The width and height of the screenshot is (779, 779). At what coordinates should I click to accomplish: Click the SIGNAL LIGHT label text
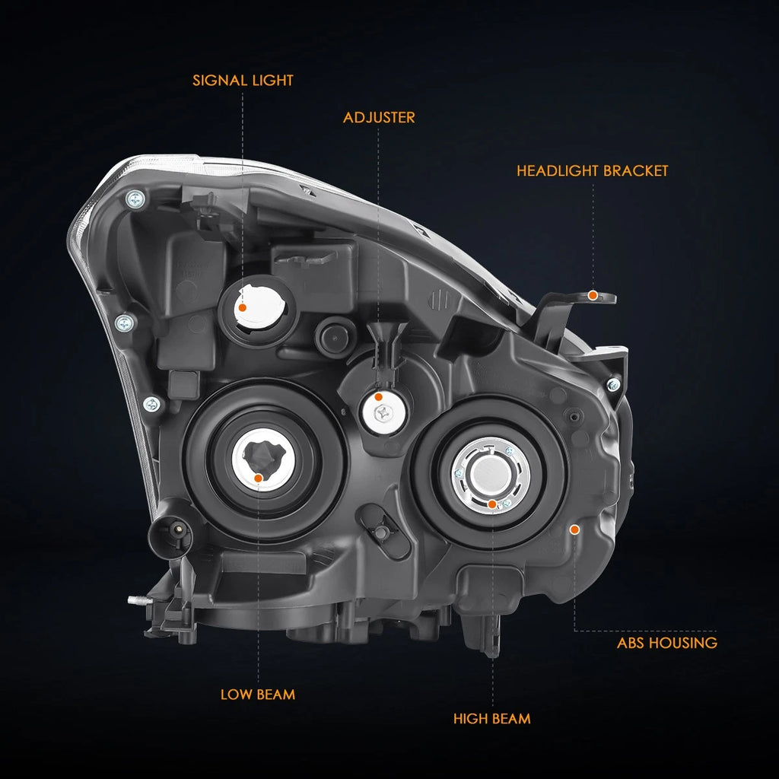[243, 81]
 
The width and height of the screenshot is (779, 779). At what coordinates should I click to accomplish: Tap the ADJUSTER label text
[379, 118]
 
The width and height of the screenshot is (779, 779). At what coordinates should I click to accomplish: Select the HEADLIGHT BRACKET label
[592, 171]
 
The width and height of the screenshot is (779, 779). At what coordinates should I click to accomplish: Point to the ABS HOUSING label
[667, 643]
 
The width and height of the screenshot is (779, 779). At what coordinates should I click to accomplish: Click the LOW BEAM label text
[258, 695]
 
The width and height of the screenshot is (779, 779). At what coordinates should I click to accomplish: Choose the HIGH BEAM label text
[492, 718]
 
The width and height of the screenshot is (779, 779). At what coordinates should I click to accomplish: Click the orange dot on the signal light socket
[243, 307]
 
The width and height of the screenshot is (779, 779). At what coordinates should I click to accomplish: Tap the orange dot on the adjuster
[379, 397]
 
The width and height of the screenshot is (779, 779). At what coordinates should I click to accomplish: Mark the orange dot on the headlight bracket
[593, 296]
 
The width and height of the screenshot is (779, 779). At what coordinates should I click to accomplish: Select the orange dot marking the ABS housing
[575, 530]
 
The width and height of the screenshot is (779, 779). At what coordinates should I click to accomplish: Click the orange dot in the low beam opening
[259, 479]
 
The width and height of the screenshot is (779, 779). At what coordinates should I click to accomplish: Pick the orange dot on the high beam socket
[492, 505]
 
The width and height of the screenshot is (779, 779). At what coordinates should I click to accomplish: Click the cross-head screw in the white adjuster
[383, 412]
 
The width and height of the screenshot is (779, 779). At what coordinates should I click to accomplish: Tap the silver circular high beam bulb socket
[491, 475]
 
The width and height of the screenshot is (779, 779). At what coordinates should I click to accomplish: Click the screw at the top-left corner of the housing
[135, 200]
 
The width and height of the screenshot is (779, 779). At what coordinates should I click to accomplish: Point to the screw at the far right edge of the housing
[614, 384]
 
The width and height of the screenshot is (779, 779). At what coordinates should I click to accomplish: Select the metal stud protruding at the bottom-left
[138, 599]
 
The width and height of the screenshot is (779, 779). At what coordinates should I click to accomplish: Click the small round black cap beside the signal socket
[335, 335]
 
